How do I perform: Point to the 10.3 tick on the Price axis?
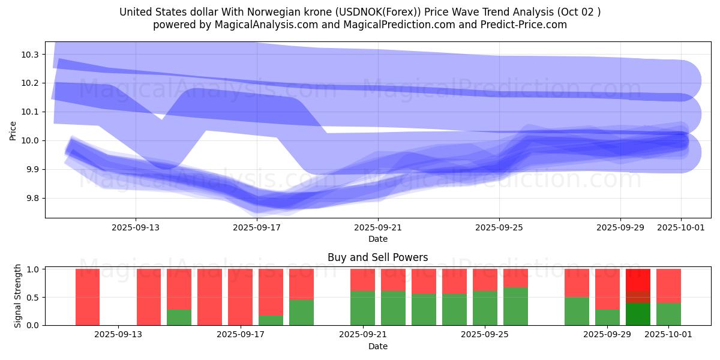coord(31,55)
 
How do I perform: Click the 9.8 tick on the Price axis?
coord(31,199)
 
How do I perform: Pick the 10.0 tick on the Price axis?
coord(31,141)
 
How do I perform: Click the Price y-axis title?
coord(13,130)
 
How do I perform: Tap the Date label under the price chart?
coord(378,239)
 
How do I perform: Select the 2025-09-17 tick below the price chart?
coord(257,228)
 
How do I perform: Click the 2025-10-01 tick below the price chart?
coord(681,228)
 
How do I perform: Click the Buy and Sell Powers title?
coord(378,257)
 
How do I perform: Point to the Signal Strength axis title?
coord(18,296)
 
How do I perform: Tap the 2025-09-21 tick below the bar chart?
coord(362,335)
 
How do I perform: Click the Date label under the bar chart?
coord(378,346)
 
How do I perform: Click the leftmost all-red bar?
coord(88,297)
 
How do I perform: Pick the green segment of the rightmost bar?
coord(668,314)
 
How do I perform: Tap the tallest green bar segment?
coord(515,307)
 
